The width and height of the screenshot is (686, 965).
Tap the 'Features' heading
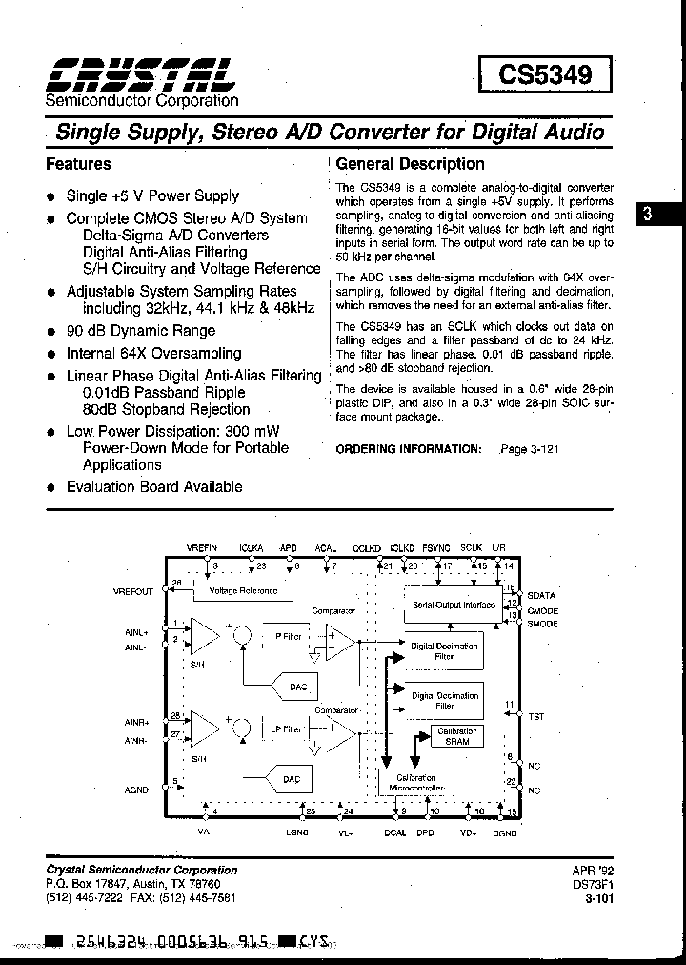(x=78, y=164)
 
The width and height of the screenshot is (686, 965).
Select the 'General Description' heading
(x=411, y=164)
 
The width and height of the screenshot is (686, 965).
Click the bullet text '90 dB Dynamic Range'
(x=140, y=332)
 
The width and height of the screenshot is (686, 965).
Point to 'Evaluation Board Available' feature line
(x=153, y=486)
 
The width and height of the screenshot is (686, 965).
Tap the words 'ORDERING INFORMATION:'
(x=409, y=448)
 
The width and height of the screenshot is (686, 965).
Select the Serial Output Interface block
(x=453, y=605)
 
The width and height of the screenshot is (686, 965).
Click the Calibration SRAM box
(x=456, y=735)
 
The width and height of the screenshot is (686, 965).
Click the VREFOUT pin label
(x=132, y=591)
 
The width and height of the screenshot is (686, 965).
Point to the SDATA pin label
(x=540, y=595)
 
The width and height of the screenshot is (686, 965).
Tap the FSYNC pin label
(x=436, y=549)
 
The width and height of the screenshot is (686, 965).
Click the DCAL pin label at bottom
(x=395, y=832)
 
